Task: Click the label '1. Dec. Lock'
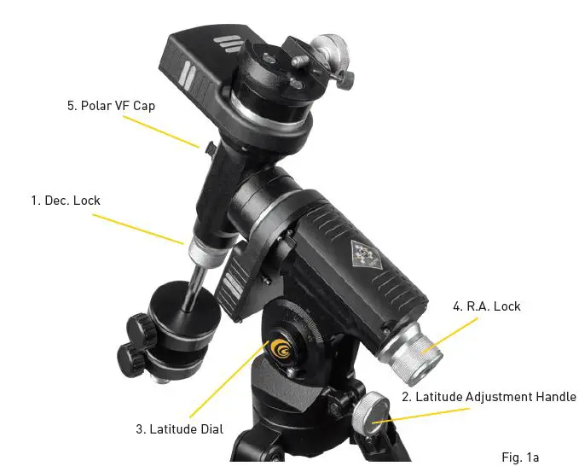click(66, 201)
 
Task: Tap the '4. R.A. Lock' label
click(487, 306)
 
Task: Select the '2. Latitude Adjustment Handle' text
click(489, 397)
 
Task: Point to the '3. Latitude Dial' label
click(179, 428)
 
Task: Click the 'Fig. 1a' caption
click(520, 457)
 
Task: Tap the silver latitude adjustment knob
click(373, 414)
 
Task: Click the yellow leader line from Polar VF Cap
click(162, 131)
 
